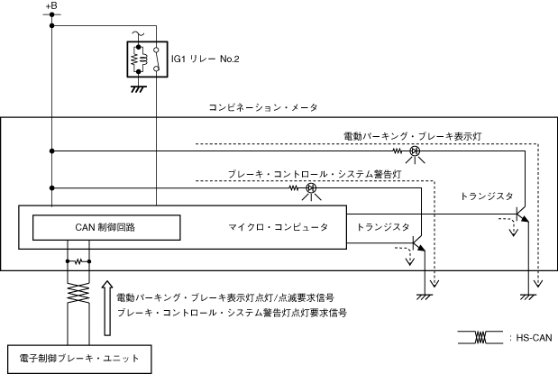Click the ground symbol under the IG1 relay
tap(139, 88)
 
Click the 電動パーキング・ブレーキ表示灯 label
tap(415, 135)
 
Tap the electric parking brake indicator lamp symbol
tap(415, 151)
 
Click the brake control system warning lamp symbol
tap(309, 188)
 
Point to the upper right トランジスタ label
tap(487, 196)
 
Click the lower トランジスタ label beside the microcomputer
tap(384, 227)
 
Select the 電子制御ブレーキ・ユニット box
tap(74, 359)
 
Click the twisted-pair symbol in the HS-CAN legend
tap(480, 337)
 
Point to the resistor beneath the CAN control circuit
tap(79, 262)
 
